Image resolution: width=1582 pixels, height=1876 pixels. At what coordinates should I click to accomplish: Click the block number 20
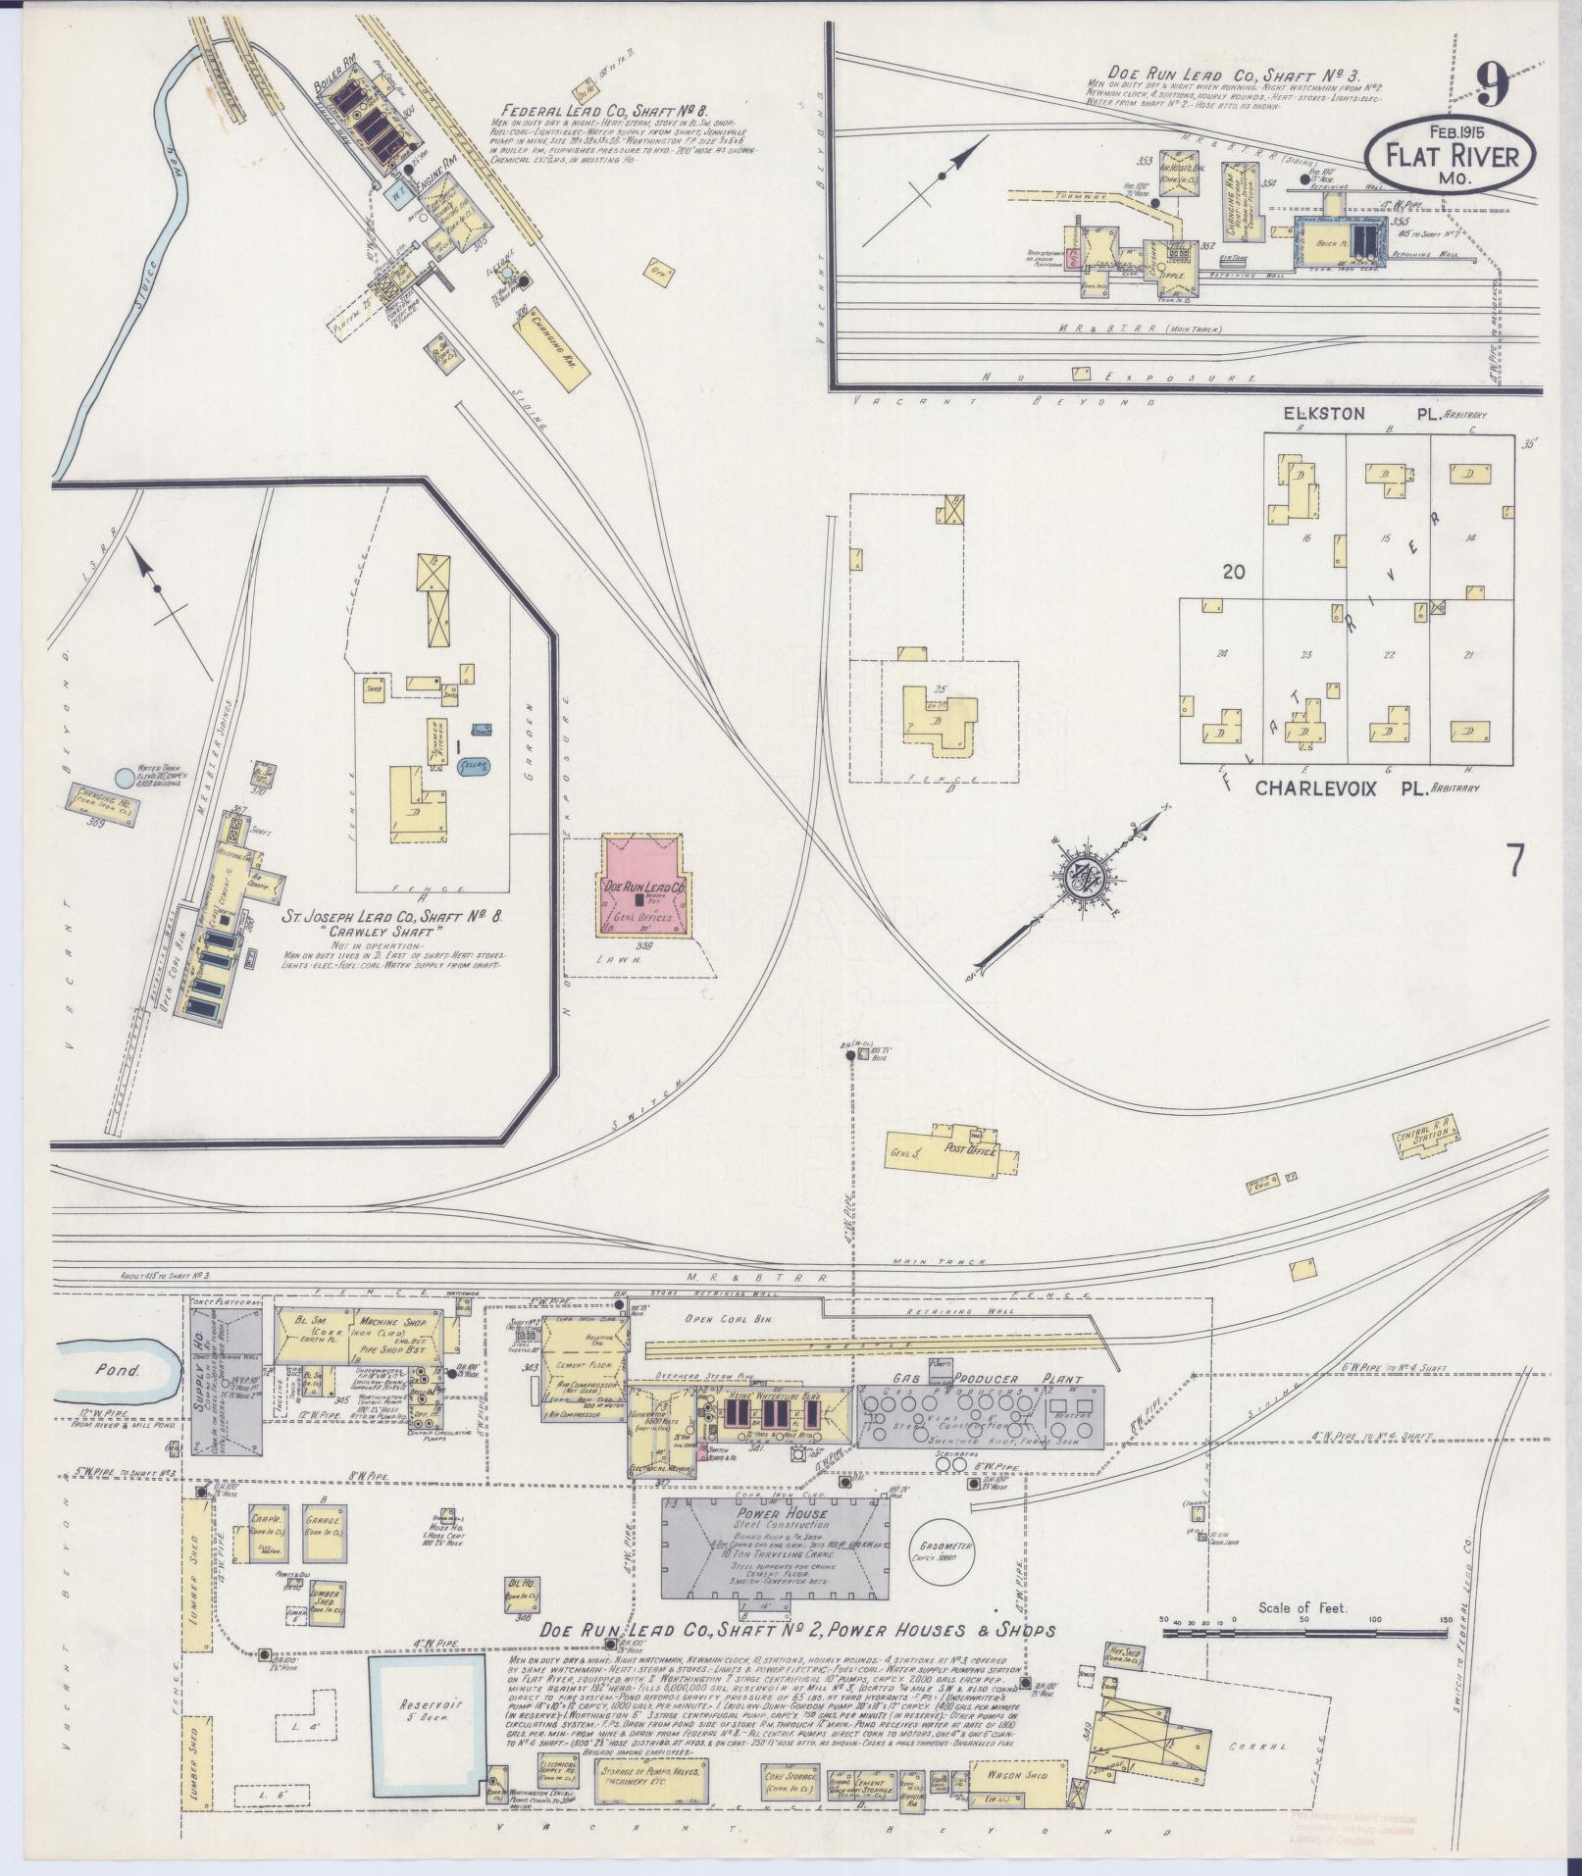coord(1233,571)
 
